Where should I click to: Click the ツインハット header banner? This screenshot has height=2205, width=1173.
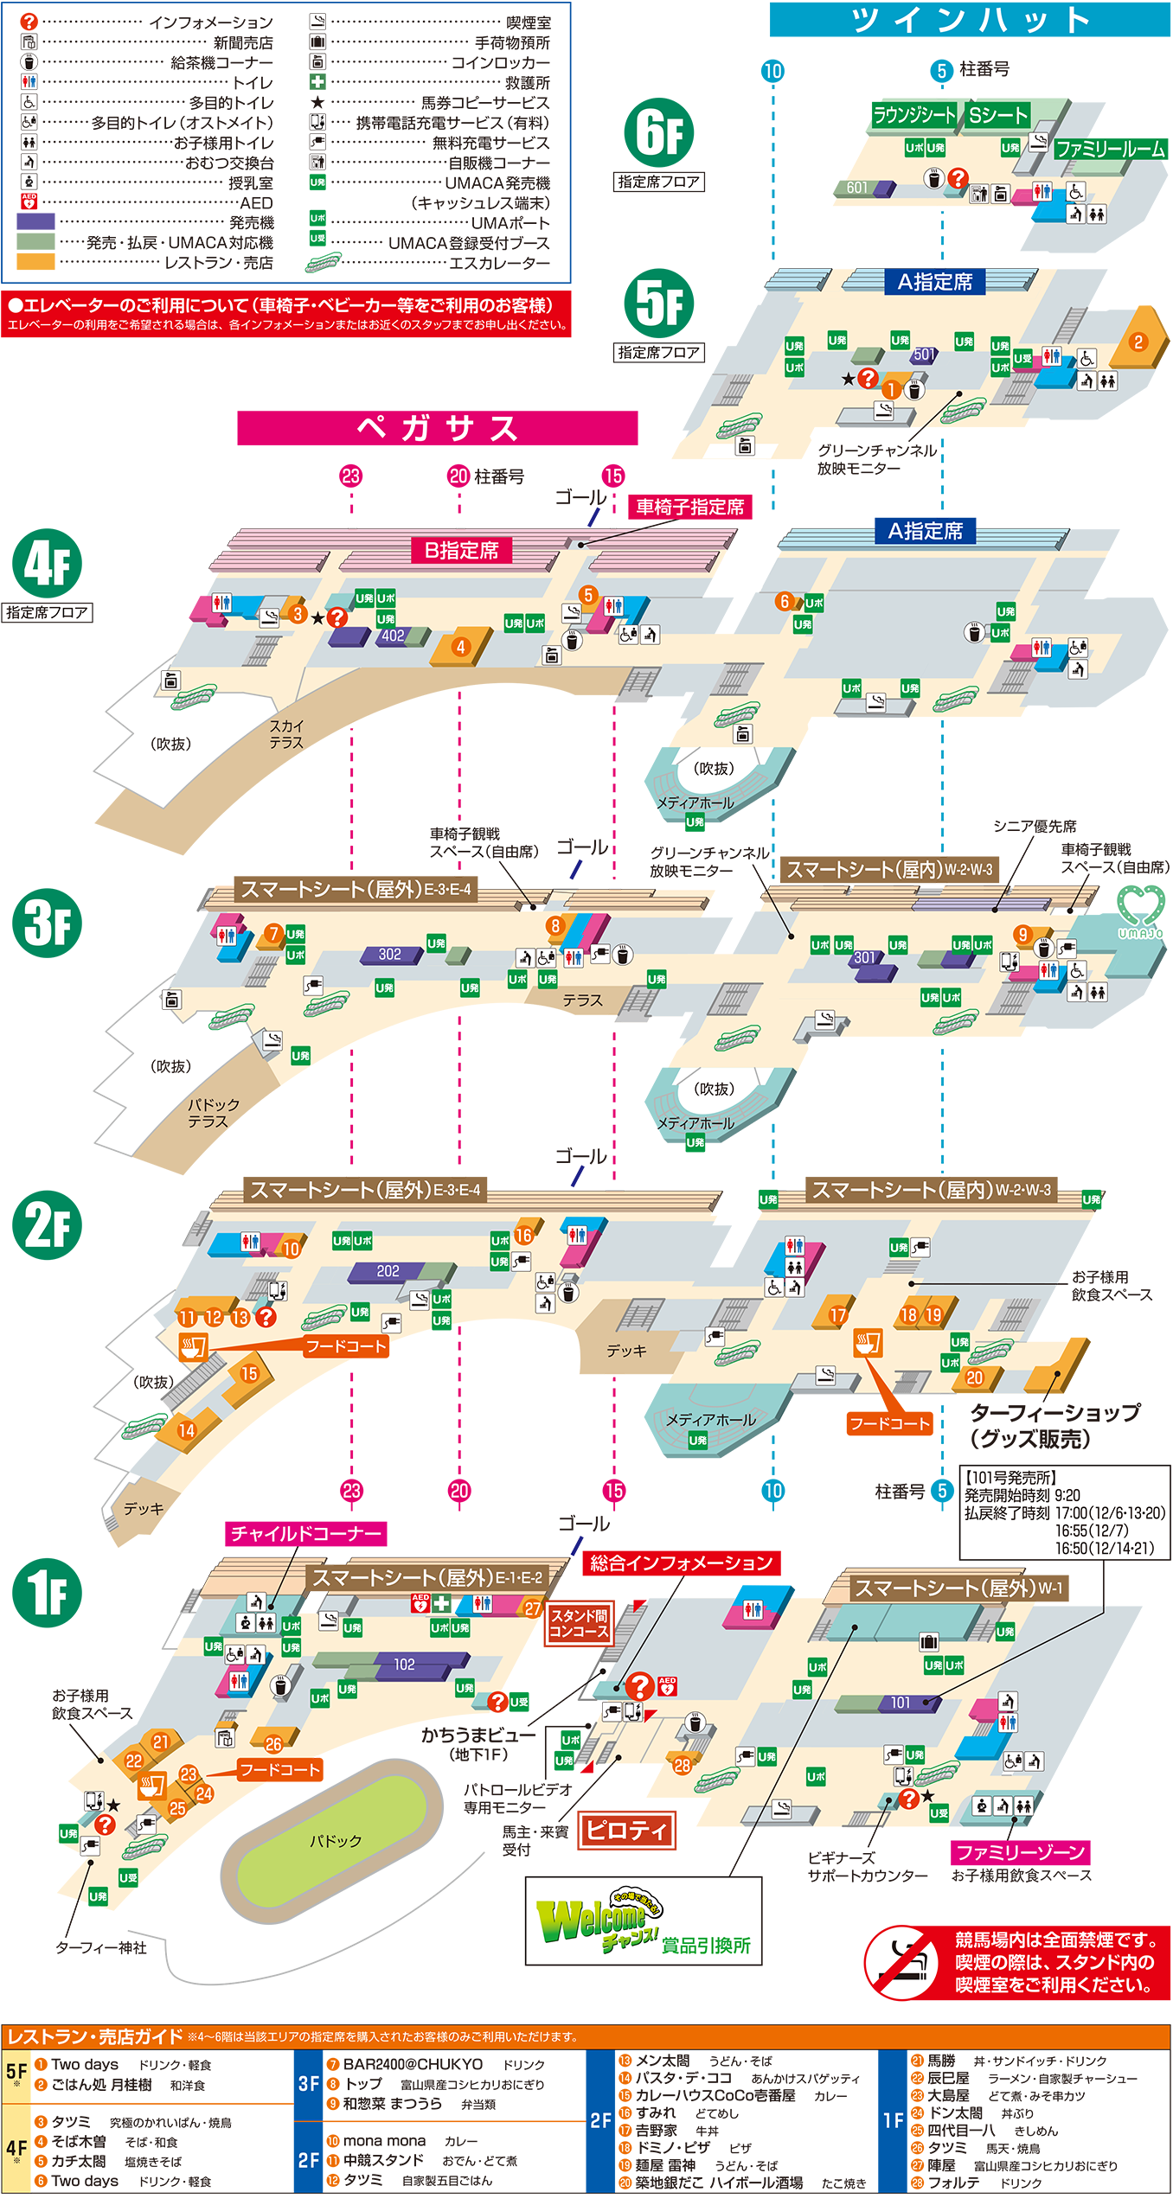tap(969, 19)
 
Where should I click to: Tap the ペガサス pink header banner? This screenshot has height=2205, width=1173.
tap(437, 428)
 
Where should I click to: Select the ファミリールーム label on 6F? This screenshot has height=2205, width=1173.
tap(1110, 149)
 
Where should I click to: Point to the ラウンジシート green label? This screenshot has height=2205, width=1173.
tap(913, 115)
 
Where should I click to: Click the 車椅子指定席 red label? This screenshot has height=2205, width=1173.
tap(689, 507)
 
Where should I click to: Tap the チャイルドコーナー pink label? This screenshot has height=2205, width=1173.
tap(305, 1533)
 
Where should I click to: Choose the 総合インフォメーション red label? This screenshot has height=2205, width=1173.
tap(681, 1563)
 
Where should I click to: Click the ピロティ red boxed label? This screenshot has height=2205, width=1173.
tap(625, 1830)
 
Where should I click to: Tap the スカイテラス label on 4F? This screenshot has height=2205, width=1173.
tap(285, 734)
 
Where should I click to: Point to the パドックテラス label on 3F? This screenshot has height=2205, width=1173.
tap(208, 1113)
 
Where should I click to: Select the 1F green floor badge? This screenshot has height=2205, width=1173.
tap(47, 1593)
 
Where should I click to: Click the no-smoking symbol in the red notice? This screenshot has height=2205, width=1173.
tap(901, 1961)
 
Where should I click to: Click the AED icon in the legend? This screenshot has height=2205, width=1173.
tap(29, 202)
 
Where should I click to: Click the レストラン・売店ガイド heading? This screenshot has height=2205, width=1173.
tap(95, 2036)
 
